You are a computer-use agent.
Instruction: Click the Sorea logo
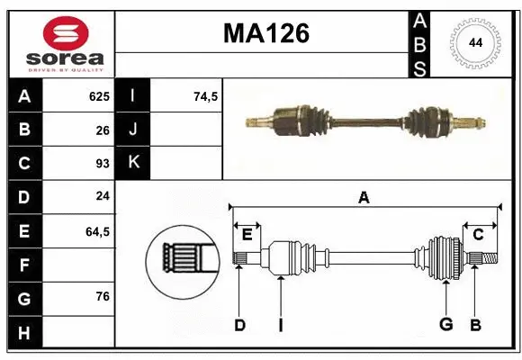point(60,43)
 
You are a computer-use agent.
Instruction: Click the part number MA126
point(265,34)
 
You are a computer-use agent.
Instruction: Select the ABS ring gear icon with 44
point(473,43)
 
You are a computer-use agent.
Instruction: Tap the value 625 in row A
point(98,96)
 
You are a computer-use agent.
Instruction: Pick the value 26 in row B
point(103,130)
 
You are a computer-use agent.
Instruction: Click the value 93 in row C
point(103,164)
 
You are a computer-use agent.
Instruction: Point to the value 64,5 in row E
point(97,231)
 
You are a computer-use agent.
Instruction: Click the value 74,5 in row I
point(206,96)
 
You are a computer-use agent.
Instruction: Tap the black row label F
point(24,265)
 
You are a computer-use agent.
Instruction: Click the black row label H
point(24,333)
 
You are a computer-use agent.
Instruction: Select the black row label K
point(133,164)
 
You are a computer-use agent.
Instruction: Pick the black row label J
point(133,130)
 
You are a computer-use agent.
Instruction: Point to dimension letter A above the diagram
point(364,197)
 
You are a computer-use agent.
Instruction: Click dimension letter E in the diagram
point(247,235)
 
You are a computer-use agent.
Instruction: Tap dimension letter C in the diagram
point(478,235)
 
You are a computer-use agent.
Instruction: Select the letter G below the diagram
point(445,325)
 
